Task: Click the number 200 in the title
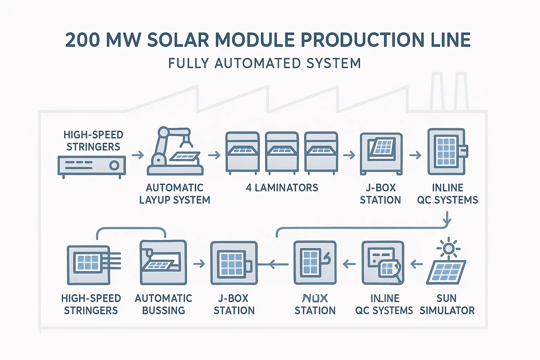83,40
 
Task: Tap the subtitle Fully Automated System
264,64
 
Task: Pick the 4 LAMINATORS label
282,188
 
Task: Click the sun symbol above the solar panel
448,249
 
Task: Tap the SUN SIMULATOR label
447,304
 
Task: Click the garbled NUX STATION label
315,304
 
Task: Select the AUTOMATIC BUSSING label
163,304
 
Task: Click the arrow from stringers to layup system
138,155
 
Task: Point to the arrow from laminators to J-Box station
349,155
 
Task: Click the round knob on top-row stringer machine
114,165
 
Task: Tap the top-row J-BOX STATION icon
381,153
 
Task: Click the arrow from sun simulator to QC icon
417,264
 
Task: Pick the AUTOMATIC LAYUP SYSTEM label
175,194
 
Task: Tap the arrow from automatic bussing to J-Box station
199,264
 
